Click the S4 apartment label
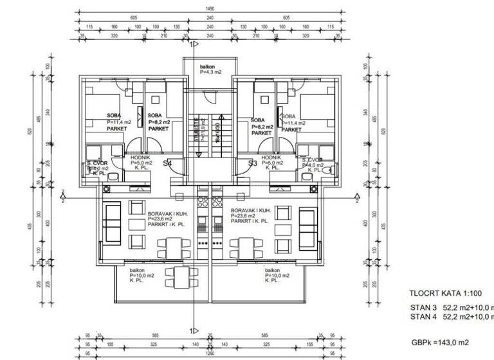pos(167,164)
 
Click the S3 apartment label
pos(253,164)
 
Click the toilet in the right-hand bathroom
pos(328,170)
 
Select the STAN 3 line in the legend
pos(450,308)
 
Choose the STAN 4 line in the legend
pos(450,316)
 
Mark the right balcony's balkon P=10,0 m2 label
pos(277,275)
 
